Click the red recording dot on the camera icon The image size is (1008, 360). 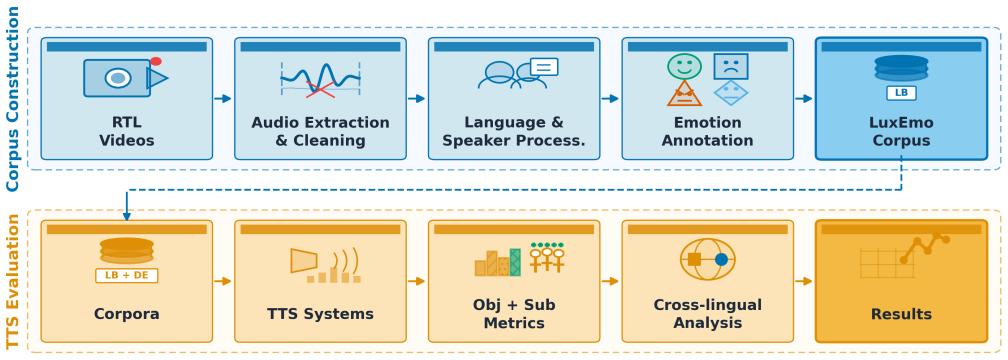click(156, 62)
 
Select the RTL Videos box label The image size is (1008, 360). click(127, 131)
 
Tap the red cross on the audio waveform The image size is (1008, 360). click(320, 89)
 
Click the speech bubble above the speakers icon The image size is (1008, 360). click(544, 67)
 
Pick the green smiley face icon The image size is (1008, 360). click(685, 67)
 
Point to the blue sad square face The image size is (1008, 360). click(731, 66)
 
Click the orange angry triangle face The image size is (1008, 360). click(685, 94)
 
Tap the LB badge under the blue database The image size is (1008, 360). click(901, 93)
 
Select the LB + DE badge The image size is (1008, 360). click(127, 276)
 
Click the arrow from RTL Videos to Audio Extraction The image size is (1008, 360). click(222, 98)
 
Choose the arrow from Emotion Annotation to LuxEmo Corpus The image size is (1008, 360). click(804, 98)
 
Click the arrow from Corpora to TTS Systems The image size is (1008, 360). click(222, 281)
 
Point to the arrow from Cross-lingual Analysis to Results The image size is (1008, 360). click(804, 281)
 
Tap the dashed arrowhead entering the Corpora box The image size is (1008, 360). click(127, 216)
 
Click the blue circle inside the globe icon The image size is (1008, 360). click(721, 260)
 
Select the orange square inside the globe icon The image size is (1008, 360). click(694, 260)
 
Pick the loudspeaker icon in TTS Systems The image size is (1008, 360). click(304, 260)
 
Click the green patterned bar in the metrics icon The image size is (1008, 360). click(515, 262)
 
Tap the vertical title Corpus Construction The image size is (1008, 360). click(13, 98)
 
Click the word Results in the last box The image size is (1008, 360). click(901, 314)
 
